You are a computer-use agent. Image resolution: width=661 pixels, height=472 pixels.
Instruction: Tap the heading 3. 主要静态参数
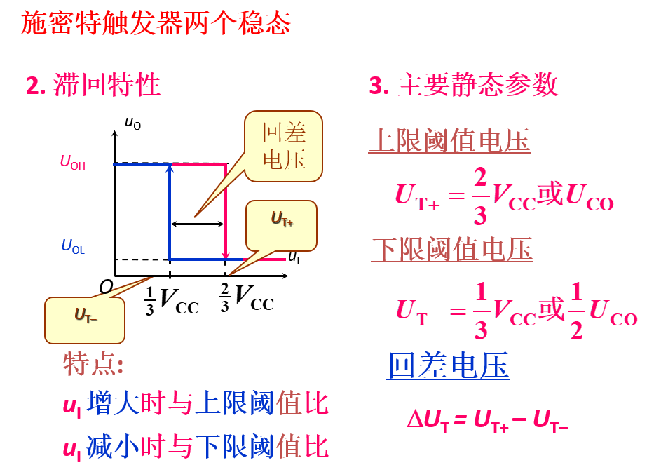463,85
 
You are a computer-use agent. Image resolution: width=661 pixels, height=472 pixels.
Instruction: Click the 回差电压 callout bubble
284,145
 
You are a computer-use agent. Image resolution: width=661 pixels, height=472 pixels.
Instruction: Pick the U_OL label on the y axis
73,247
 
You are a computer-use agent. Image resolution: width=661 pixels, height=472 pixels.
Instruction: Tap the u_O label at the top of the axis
132,124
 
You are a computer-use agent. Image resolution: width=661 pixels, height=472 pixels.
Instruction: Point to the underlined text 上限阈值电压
449,141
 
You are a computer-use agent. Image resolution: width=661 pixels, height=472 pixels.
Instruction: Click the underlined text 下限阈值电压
452,249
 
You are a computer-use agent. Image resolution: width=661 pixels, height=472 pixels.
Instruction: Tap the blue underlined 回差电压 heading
448,365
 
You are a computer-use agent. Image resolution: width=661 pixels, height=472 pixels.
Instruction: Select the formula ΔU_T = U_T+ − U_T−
487,420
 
